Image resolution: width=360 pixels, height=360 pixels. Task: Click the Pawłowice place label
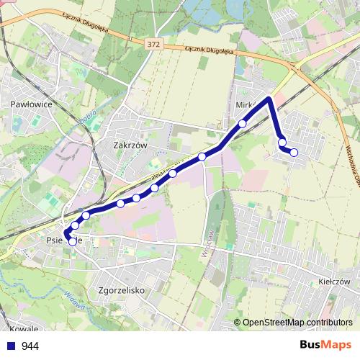[30, 104]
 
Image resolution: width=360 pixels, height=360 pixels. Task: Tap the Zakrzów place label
[130, 144]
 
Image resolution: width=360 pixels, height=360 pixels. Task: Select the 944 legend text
[30, 346]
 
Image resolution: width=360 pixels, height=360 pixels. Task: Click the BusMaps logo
[326, 345]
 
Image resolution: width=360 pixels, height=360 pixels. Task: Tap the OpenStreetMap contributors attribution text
[298, 322]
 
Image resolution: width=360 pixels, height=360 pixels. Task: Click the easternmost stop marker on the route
[294, 152]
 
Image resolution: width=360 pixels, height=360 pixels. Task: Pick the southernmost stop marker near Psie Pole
[72, 241]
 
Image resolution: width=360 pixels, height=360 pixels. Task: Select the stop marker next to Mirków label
[243, 124]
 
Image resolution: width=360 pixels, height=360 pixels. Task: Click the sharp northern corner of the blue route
[270, 97]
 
